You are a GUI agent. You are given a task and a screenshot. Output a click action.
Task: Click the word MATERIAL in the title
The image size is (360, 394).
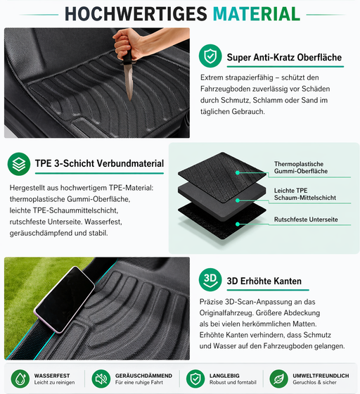pyautogui.click(x=257, y=14)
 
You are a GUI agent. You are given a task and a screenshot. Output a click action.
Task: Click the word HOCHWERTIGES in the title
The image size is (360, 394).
pyautogui.click(x=136, y=14)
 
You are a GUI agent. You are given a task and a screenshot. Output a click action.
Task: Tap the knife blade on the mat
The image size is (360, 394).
pyautogui.click(x=129, y=81)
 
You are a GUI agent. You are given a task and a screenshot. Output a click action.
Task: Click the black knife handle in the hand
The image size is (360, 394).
pyautogui.click(x=127, y=56)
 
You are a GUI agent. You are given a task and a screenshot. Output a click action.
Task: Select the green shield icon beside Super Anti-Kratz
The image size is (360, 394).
pyautogui.click(x=210, y=56)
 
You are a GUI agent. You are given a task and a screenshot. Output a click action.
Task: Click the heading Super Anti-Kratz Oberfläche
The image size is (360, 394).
pyautogui.click(x=284, y=57)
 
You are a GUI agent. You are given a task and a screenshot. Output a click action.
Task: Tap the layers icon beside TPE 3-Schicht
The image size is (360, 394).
pyautogui.click(x=19, y=164)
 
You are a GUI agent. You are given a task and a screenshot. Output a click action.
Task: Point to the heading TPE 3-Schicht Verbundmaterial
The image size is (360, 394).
pyautogui.click(x=99, y=163)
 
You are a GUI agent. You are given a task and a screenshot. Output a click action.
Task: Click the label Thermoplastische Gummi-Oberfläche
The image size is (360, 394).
pyautogui.click(x=301, y=167)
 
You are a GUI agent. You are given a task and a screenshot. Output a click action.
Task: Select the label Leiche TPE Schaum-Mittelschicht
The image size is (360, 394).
pyautogui.click(x=304, y=194)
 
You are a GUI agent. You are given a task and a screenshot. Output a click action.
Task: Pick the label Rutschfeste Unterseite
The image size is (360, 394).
pyautogui.click(x=306, y=220)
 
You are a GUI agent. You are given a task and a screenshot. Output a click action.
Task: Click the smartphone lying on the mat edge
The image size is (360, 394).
pyautogui.click(x=64, y=299)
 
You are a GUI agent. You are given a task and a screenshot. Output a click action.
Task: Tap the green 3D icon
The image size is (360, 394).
pyautogui.click(x=210, y=280)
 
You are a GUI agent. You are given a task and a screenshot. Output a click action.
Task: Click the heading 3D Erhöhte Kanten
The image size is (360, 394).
pyautogui.click(x=264, y=281)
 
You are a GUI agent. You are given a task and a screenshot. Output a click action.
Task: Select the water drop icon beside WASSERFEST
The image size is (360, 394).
pyautogui.click(x=20, y=379)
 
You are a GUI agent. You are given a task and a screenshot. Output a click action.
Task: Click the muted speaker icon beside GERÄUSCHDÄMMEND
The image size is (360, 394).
pyautogui.click(x=101, y=379)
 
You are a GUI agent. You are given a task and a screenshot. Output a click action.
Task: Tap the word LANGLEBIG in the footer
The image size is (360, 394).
pyautogui.click(x=224, y=376)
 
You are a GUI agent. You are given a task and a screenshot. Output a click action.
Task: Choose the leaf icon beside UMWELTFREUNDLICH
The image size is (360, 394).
pyautogui.click(x=278, y=379)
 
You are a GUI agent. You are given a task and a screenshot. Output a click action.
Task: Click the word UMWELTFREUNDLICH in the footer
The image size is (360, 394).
pyautogui.click(x=321, y=376)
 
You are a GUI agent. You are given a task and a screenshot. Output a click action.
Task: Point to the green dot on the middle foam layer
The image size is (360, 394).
pyautogui.click(x=238, y=201)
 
